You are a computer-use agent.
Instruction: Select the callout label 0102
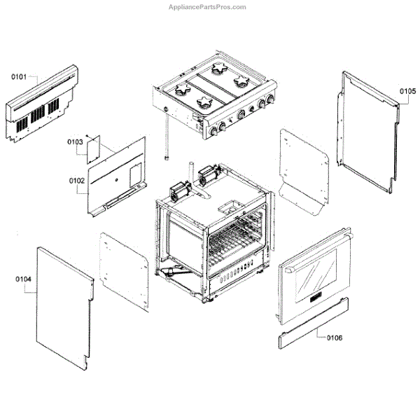(x=76, y=180)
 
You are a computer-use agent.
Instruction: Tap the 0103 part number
(x=75, y=142)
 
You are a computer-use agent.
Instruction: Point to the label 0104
(x=23, y=280)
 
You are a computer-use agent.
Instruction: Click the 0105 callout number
(x=407, y=91)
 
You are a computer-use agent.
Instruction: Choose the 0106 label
(x=334, y=338)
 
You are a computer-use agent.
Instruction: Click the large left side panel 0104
(x=63, y=308)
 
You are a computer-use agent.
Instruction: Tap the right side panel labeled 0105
(x=371, y=133)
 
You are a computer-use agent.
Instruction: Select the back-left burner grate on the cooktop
(x=183, y=91)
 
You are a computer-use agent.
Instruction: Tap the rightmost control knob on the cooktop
(x=266, y=104)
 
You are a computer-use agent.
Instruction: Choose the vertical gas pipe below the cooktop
(x=168, y=140)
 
